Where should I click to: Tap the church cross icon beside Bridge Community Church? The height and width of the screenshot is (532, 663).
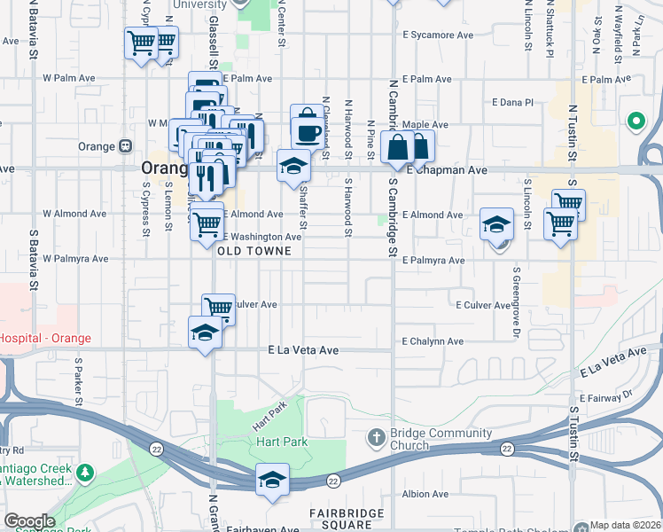click(x=377, y=437)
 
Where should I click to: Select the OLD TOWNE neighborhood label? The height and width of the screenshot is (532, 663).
click(x=255, y=251)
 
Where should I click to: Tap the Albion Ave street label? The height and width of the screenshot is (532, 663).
click(x=426, y=494)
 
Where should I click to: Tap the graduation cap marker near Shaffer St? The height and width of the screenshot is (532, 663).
click(x=293, y=166)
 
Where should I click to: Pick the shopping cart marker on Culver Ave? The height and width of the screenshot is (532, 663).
click(x=218, y=308)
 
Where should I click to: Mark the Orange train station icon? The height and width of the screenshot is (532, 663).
click(x=127, y=146)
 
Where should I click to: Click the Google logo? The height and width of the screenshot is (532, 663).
click(x=29, y=521)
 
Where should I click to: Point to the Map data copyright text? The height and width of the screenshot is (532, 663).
click(x=626, y=526)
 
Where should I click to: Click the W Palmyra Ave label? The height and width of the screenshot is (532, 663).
click(x=75, y=260)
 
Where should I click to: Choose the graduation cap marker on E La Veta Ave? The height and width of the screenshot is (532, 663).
click(x=205, y=332)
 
